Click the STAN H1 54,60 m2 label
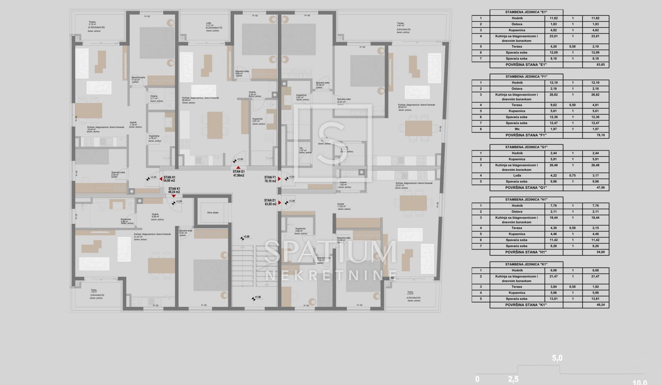coord(169,179)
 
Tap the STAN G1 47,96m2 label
coord(238,173)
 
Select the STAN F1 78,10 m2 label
coord(270,179)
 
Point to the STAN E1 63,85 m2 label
coord(270,202)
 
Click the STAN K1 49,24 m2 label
coord(174,190)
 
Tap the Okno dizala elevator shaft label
coord(212,212)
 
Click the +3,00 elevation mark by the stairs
coord(246,237)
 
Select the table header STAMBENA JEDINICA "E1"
coord(526,12)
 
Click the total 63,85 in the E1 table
coord(600,65)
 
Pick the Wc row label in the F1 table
coord(517,129)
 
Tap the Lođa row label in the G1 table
coord(517,176)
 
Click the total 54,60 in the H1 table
coord(600,252)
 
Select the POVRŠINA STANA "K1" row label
coord(526,305)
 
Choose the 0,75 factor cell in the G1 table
coord(573,176)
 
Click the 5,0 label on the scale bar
coord(557,358)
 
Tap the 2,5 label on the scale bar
coord(513,379)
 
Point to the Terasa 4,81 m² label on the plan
coord(401,24)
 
